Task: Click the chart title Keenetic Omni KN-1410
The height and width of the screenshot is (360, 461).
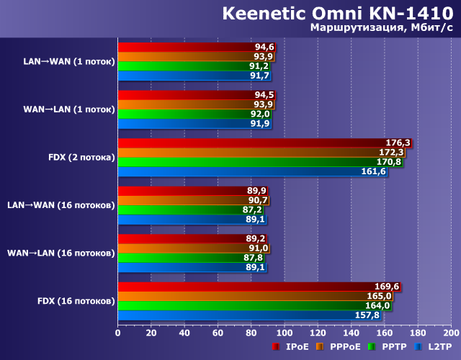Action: click(337, 14)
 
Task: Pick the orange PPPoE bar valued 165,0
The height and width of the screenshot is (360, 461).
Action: click(256, 296)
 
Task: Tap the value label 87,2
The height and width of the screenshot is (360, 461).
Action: click(252, 210)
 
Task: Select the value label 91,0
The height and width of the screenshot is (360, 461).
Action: click(259, 248)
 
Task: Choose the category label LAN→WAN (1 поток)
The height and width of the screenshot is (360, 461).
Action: click(69, 61)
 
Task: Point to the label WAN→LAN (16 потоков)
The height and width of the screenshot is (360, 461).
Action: click(61, 253)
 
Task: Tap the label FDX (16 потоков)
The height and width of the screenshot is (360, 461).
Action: click(76, 300)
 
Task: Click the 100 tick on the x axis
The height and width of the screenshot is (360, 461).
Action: click(285, 333)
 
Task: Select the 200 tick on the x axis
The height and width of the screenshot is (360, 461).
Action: click(451, 333)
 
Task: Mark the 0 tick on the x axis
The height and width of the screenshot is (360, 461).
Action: click(118, 333)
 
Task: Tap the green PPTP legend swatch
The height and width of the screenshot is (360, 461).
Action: click(372, 347)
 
